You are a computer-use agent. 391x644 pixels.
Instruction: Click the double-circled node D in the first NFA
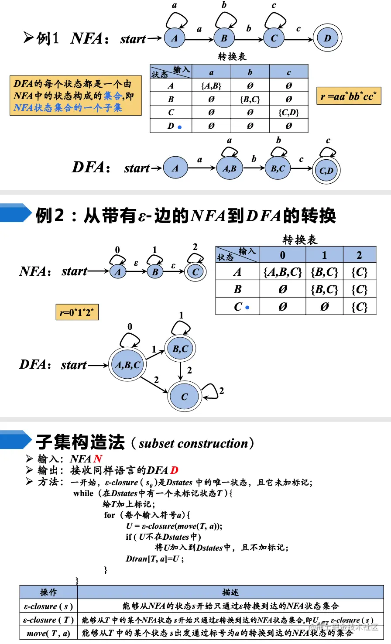tap(327, 38)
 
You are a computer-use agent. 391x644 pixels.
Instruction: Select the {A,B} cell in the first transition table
tap(211, 86)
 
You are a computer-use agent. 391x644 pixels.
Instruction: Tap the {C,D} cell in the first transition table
tap(288, 113)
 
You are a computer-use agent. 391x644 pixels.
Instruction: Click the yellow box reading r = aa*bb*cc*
tap(349, 96)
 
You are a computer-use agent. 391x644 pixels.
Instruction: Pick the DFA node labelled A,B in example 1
tap(229, 168)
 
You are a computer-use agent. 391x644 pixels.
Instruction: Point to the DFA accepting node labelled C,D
tap(326, 170)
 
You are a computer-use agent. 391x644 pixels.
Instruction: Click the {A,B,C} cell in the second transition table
tap(282, 272)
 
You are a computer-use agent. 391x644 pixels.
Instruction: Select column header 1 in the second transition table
tap(324, 255)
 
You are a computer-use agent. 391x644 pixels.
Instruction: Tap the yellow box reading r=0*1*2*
tap(77, 312)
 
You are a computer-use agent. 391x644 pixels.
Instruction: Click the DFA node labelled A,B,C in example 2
tap(127, 365)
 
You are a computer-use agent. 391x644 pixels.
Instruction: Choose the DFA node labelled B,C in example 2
tap(180, 349)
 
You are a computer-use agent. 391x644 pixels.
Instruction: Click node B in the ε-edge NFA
tap(155, 272)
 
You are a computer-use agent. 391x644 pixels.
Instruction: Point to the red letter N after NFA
tap(98, 459)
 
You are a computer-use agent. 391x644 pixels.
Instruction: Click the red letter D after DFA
tap(174, 470)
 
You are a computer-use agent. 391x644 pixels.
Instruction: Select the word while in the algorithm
tap(83, 493)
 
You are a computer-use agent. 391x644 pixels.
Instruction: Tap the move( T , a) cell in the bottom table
tap(48, 633)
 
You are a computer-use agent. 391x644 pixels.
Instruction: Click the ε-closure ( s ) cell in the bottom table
tap(48, 606)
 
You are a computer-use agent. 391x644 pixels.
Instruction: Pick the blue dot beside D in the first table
tap(179, 127)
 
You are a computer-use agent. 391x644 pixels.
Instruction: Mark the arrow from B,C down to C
tap(181, 370)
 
